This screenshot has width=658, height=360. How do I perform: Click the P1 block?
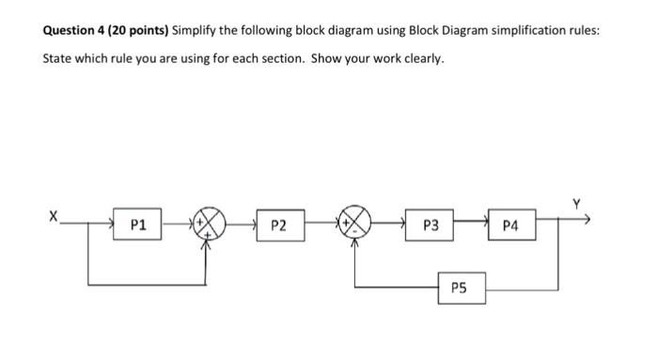tap(138, 226)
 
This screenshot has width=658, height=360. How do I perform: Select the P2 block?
tap(278, 226)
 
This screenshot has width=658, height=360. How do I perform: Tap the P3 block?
tap(431, 226)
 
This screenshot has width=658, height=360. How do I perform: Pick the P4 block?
tap(510, 226)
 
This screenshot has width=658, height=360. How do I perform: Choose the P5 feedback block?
tap(462, 288)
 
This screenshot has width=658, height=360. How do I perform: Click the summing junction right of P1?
tap(210, 226)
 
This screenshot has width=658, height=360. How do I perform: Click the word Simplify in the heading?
tap(196, 30)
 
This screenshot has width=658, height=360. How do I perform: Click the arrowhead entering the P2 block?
tap(254, 226)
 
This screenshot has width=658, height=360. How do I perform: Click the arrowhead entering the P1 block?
tap(113, 226)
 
